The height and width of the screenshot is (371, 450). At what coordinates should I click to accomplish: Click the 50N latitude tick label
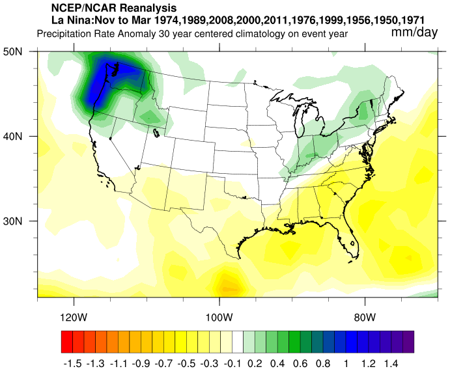[x=24, y=52]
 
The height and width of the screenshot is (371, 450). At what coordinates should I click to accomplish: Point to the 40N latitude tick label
[x=24, y=137]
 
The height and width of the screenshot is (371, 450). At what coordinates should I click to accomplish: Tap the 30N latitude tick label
[x=24, y=221]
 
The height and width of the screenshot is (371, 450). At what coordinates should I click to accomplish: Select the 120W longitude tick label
[x=74, y=318]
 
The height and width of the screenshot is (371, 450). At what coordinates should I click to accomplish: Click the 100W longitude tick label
[x=219, y=318]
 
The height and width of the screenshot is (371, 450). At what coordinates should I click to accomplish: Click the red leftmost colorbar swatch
[x=66, y=341]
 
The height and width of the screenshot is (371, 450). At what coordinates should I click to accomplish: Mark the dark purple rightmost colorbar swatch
[x=408, y=341]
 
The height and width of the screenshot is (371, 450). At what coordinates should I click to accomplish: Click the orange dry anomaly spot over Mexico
[x=227, y=285]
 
